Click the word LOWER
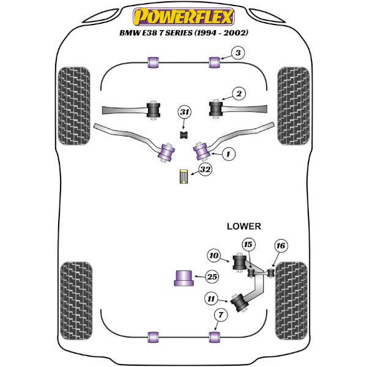pos(244,226)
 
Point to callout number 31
pos(184,112)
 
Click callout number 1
pos(227,155)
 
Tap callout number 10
pos(213,255)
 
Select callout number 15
pos(248,245)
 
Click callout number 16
pos(280,247)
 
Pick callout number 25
pos(212,277)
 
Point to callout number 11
pos(212,298)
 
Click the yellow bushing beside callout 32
pos(183,176)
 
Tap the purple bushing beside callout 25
pos(182,277)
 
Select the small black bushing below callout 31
pos(183,134)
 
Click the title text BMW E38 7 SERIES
pos(183,32)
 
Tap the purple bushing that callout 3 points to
pos(215,62)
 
